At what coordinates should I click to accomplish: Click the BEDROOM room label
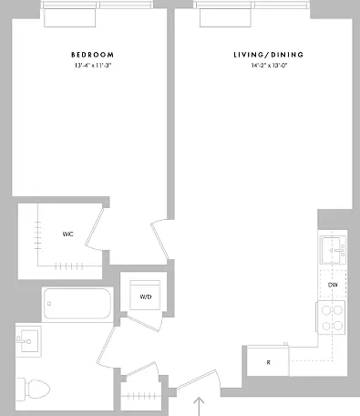[x=93, y=55]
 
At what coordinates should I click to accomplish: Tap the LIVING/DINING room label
[x=269, y=55]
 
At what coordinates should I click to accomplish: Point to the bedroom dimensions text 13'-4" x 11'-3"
[x=93, y=66]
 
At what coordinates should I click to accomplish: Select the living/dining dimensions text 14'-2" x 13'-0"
[x=269, y=66]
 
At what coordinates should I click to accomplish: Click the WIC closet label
[x=67, y=234]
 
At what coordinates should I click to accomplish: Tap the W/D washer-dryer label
[x=146, y=296]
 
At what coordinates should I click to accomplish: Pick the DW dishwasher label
[x=333, y=285]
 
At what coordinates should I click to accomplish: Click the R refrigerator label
[x=268, y=362]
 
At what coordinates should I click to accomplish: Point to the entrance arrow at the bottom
[x=199, y=406]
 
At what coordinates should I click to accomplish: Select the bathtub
[x=77, y=304]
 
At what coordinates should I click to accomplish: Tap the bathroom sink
[x=28, y=341]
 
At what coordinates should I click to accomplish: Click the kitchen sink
[x=332, y=250]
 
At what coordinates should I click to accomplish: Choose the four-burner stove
[x=331, y=317]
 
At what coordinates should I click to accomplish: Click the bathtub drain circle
[x=49, y=304]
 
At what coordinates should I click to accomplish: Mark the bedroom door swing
[x=159, y=240]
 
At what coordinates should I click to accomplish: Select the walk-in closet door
[x=95, y=229]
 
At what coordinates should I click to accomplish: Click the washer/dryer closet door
[x=143, y=323]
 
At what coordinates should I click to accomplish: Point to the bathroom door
[x=106, y=348]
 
